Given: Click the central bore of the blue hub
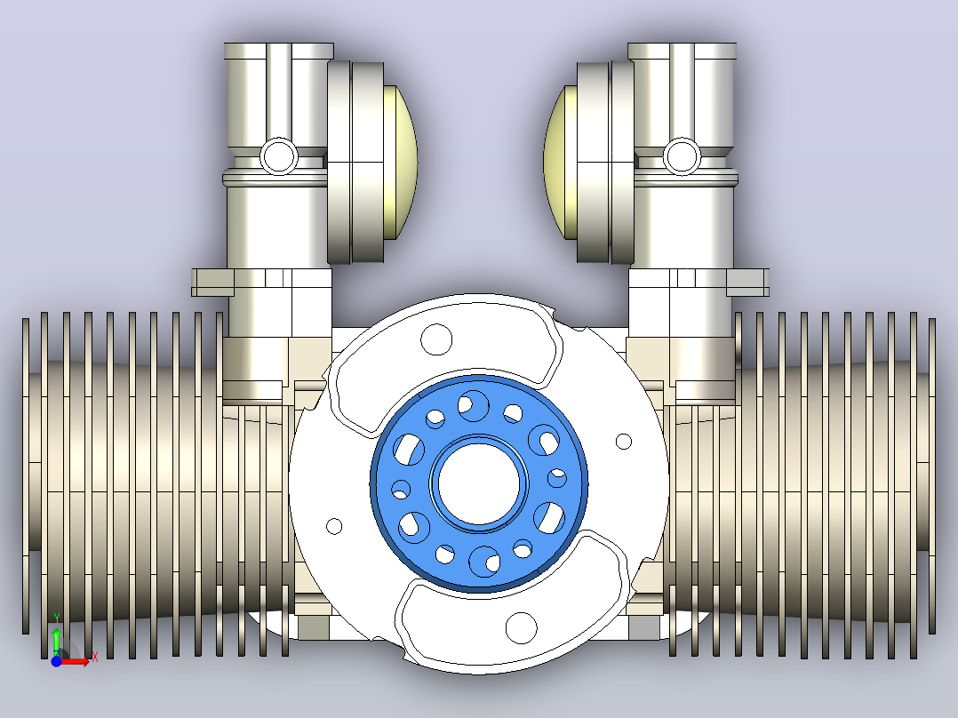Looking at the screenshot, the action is (x=479, y=483).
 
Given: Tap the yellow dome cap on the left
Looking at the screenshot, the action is (x=401, y=162).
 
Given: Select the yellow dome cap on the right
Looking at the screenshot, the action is (x=560, y=162).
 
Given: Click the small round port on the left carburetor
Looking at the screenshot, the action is (x=279, y=156).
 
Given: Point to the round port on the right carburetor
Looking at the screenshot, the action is (x=682, y=156).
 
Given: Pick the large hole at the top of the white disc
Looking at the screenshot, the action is (x=436, y=339).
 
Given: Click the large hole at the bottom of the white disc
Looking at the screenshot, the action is (x=521, y=627).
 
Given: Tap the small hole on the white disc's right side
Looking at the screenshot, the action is (x=623, y=441).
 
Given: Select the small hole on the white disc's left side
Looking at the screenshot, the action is (x=334, y=525).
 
